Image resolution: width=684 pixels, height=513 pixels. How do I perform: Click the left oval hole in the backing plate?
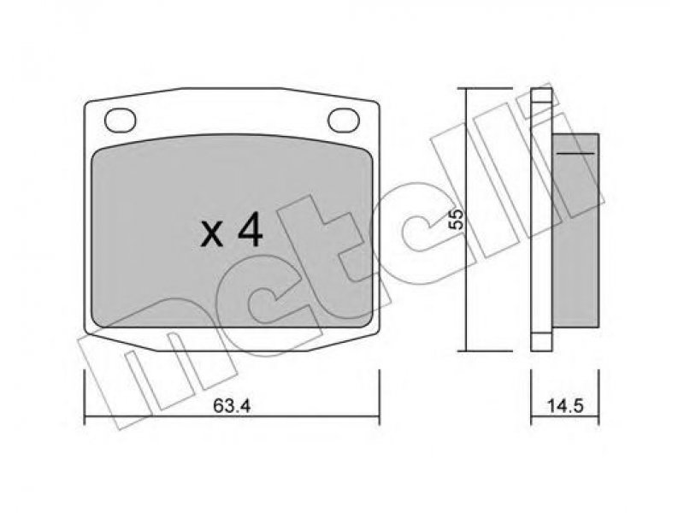tap(121, 120)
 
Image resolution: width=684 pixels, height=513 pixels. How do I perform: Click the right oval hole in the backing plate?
tap(344, 120)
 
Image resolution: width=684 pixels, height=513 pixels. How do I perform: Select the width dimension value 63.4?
tap(232, 406)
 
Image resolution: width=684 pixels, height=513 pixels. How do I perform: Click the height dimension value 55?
tap(457, 219)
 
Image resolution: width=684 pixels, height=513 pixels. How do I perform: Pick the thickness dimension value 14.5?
tap(565, 406)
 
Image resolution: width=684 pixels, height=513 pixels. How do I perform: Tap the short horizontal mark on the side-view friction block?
tap(575, 153)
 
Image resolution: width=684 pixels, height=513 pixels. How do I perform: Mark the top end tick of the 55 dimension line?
tap(483, 88)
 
